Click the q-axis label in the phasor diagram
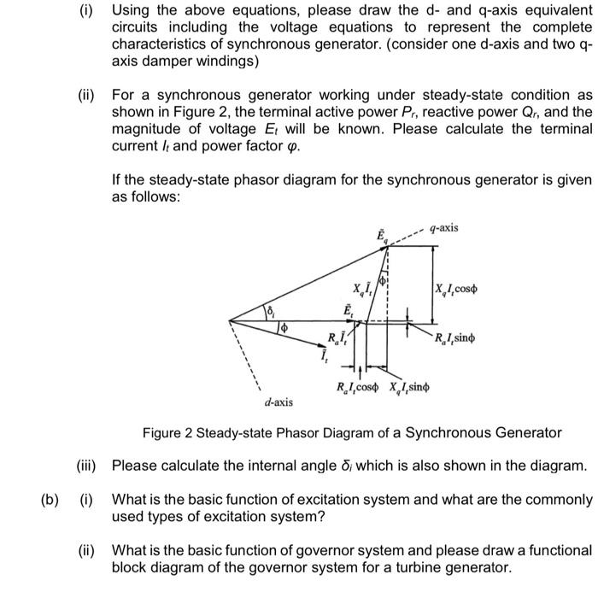pyautogui.click(x=444, y=227)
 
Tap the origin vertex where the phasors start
pyautogui.click(x=230, y=320)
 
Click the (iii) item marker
pyautogui.click(x=85, y=466)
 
